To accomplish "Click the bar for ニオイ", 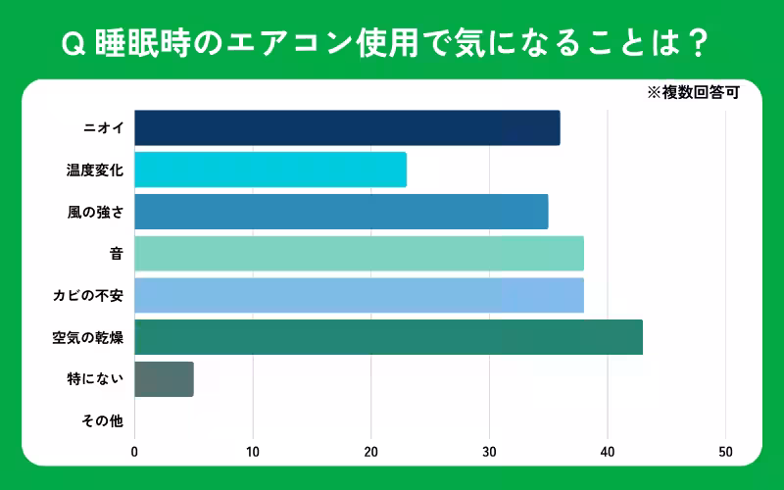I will [x=347, y=128].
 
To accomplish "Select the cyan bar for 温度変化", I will [x=270, y=171].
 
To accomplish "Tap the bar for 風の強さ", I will [x=341, y=212].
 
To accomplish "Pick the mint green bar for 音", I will [x=359, y=254].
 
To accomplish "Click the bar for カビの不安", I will [x=359, y=295].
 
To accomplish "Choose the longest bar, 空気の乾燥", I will [x=388, y=337].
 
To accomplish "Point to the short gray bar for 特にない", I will [x=164, y=379].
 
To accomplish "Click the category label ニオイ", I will [x=103, y=128].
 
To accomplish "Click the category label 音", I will [x=116, y=254].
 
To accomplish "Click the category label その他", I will [x=102, y=421].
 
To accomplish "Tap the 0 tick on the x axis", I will [x=134, y=452].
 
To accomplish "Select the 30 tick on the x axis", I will [x=489, y=452].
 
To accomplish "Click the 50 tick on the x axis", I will [x=725, y=452].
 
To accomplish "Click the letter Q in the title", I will [x=70, y=44].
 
